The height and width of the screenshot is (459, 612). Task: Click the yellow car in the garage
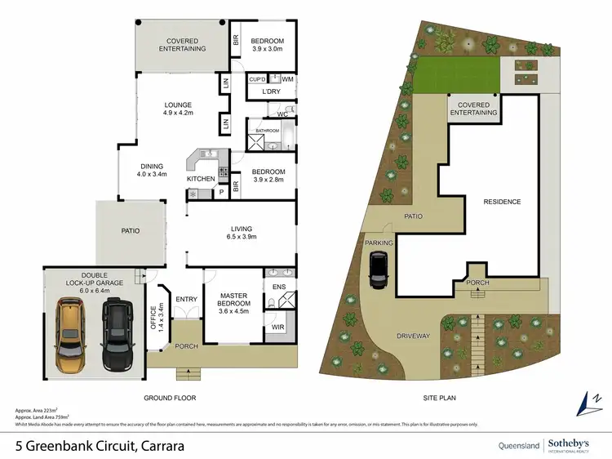[x=69, y=335]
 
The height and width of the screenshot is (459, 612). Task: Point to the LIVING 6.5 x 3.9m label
[x=241, y=233]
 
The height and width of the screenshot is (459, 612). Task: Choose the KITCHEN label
[x=201, y=178]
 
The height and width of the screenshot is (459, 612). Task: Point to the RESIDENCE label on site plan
[x=502, y=202]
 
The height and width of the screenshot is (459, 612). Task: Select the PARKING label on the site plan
[x=379, y=243]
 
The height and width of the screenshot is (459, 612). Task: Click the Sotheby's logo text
[x=569, y=442]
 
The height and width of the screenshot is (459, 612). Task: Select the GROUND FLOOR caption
[x=171, y=398]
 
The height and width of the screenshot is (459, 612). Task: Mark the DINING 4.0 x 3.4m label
[x=152, y=170]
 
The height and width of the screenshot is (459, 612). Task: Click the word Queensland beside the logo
[x=520, y=445]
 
